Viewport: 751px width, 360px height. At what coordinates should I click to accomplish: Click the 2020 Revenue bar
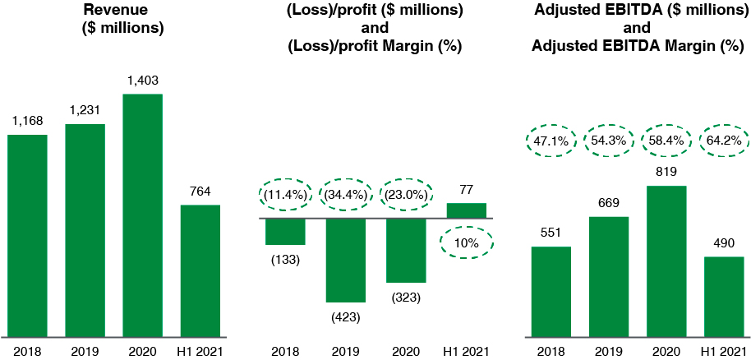point(143,215)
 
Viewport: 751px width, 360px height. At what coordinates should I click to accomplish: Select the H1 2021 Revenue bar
point(200,270)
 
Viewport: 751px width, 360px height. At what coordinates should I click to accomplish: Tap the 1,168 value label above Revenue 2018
point(28,121)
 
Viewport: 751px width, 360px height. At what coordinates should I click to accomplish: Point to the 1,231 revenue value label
point(85,111)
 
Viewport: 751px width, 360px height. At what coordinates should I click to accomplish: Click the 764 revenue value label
point(200,192)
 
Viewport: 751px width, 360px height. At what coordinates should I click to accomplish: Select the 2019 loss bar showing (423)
point(346,260)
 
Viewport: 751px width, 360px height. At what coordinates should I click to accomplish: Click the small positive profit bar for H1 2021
point(467,210)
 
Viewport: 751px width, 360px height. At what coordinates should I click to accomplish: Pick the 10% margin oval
point(467,243)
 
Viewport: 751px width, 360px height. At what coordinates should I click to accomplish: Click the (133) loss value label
point(285,260)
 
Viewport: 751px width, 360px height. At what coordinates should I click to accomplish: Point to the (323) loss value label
point(406,298)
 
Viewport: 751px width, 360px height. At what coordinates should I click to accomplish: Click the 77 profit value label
point(467,189)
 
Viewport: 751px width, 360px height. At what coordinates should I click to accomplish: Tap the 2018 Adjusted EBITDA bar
point(551,292)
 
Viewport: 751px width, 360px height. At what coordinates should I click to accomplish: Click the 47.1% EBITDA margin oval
point(551,141)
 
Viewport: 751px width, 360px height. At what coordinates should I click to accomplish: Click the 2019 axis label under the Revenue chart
point(85,351)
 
